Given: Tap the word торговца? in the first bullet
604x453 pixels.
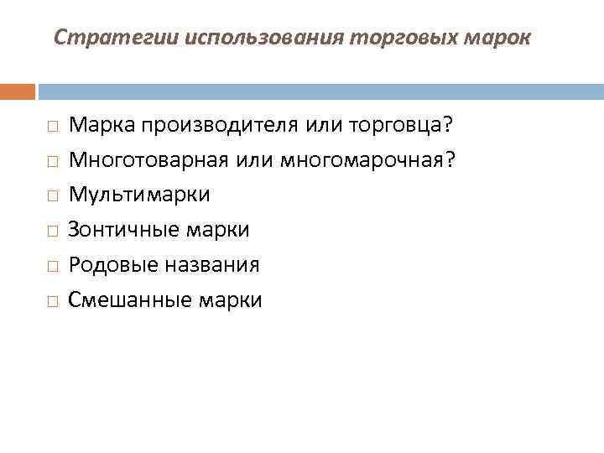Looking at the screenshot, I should pyautogui.click(x=402, y=125).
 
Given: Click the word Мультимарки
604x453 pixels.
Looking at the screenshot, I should pyautogui.click(x=139, y=195).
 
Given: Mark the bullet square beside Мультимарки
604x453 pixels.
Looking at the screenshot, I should pyautogui.click(x=52, y=195).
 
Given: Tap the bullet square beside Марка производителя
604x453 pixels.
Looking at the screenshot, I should pyautogui.click(x=52, y=126).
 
